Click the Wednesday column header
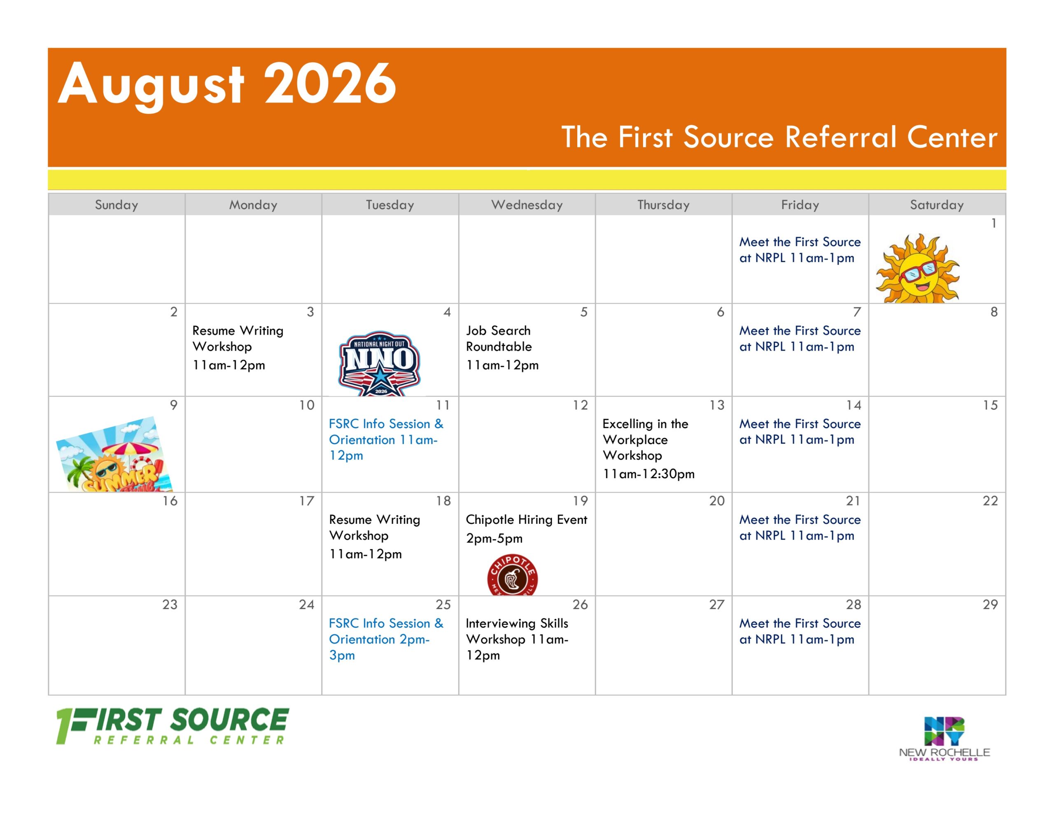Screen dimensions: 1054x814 pyautogui.click(x=527, y=205)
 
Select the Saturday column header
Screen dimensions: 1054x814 pyautogui.click(x=937, y=205)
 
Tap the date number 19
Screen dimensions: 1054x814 pyautogui.click(x=580, y=501)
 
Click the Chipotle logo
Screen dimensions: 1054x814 pyautogui.click(x=512, y=574)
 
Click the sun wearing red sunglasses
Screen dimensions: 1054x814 pyautogui.click(x=918, y=268)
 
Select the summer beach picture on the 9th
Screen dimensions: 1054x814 pyautogui.click(x=114, y=454)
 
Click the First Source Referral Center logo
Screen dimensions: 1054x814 pyautogui.click(x=172, y=726)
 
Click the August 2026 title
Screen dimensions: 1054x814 pyautogui.click(x=227, y=84)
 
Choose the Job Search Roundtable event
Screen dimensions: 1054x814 pyautogui.click(x=502, y=347)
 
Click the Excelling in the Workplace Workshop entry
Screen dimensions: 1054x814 pyautogui.click(x=648, y=449)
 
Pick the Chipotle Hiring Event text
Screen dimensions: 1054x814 pyautogui.click(x=527, y=520)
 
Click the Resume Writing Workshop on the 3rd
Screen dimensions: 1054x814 pyautogui.click(x=238, y=347)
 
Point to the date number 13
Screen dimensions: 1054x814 pyautogui.click(x=717, y=405)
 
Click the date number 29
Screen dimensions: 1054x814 pyautogui.click(x=990, y=605)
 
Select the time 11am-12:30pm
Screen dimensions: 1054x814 pyautogui.click(x=648, y=474)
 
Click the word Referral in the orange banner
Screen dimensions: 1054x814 pyautogui.click(x=841, y=137)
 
